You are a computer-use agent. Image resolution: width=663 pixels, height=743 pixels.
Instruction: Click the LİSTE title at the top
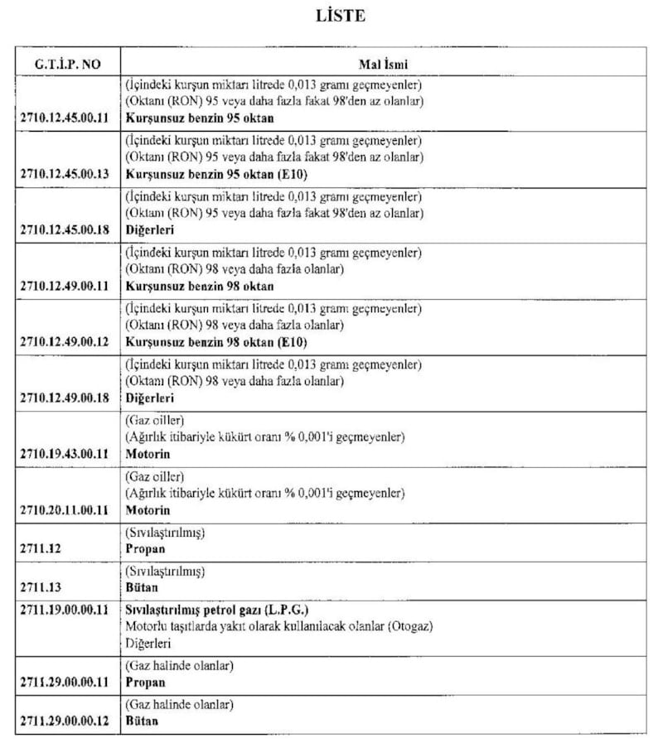(340, 17)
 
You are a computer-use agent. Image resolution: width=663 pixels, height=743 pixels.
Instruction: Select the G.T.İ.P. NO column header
(68, 62)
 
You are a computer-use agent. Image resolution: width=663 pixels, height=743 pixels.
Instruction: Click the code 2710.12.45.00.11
(69, 118)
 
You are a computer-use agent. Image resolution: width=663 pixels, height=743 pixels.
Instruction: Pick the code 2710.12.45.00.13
(69, 174)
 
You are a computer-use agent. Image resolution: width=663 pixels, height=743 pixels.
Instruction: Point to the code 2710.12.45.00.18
(69, 229)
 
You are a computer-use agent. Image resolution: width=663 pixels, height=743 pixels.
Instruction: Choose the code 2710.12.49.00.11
(69, 287)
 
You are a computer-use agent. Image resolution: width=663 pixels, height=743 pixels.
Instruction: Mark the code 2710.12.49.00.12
(69, 342)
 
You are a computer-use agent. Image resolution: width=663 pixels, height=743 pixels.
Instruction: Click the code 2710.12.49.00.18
(69, 398)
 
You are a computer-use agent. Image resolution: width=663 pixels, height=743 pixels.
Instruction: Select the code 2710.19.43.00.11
(69, 455)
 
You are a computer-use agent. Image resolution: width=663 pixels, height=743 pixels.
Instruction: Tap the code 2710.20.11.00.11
(69, 510)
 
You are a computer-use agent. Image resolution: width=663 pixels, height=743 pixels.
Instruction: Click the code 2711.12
(41, 549)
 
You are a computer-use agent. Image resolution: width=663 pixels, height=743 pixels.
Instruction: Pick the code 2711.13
(41, 588)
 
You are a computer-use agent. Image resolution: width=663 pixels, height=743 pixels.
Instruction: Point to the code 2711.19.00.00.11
(69, 610)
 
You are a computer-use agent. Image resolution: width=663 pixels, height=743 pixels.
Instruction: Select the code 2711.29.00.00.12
(69, 721)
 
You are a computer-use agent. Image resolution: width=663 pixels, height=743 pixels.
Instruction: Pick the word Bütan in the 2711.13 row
(142, 588)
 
